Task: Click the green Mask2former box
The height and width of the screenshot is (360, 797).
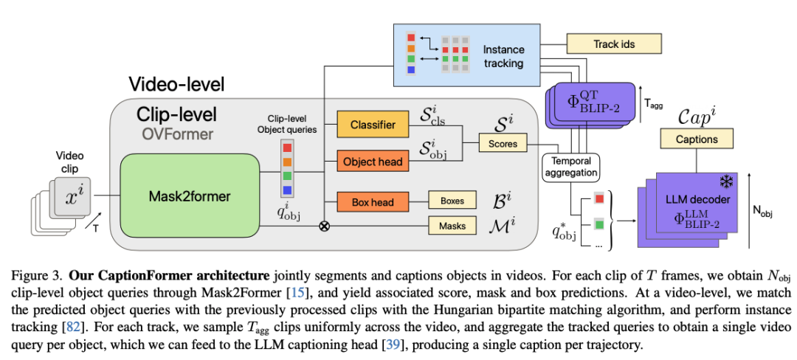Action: [x=190, y=195]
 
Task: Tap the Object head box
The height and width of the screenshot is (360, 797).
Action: [x=373, y=162]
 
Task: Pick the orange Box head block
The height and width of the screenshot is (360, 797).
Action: [x=373, y=201]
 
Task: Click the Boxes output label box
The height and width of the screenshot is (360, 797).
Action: [x=452, y=201]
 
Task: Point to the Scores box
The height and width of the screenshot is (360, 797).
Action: [x=503, y=144]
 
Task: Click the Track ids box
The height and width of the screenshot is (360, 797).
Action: [x=614, y=44]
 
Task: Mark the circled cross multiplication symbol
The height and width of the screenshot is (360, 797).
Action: [x=324, y=226]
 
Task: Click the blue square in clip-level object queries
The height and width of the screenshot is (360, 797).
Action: [x=287, y=190]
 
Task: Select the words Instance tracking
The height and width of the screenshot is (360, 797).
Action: [x=503, y=56]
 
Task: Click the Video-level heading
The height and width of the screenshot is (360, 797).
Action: [x=176, y=84]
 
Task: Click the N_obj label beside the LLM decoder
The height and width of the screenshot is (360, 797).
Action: [x=762, y=214]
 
